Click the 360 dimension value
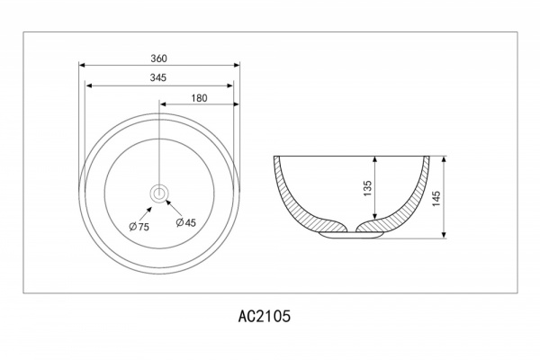[x=158, y=58]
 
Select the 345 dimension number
[x=158, y=78]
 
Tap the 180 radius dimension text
[x=200, y=98]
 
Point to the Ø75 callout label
[x=139, y=227]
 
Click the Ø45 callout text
[x=185, y=223]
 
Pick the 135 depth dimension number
[x=368, y=188]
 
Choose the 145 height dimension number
[x=436, y=199]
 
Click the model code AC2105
[x=265, y=316]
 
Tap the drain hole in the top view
[x=159, y=193]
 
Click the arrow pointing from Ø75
[x=146, y=213]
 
